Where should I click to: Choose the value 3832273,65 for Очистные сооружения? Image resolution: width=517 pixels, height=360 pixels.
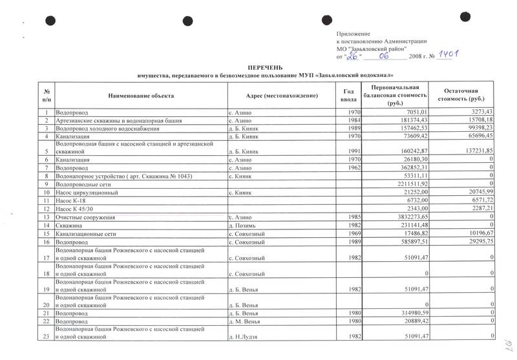pos(403,217)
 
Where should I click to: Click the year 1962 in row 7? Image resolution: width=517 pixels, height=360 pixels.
pos(348,168)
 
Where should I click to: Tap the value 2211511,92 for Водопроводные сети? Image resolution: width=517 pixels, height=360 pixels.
pos(403,184)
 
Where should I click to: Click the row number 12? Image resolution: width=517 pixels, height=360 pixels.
pos(46,209)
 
